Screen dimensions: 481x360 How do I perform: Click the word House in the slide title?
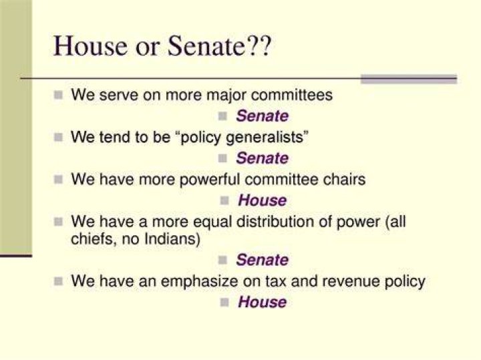click(x=90, y=46)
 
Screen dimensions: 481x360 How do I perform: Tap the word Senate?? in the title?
click(x=220, y=46)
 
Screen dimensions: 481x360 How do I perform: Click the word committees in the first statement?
click(x=292, y=95)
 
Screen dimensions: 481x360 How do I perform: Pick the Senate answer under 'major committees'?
click(x=263, y=116)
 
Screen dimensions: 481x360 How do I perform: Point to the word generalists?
click(x=265, y=138)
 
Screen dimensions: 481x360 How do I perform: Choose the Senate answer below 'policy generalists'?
click(x=263, y=158)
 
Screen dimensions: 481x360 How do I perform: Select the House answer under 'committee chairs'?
click(x=263, y=201)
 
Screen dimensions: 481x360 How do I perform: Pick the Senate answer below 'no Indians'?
click(x=263, y=260)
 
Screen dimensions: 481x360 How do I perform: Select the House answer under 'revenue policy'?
click(x=263, y=302)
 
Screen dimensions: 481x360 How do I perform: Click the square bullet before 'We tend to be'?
click(x=58, y=138)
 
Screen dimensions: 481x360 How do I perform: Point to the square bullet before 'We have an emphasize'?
click(x=58, y=281)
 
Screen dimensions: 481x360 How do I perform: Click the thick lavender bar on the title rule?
click(x=409, y=79)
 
